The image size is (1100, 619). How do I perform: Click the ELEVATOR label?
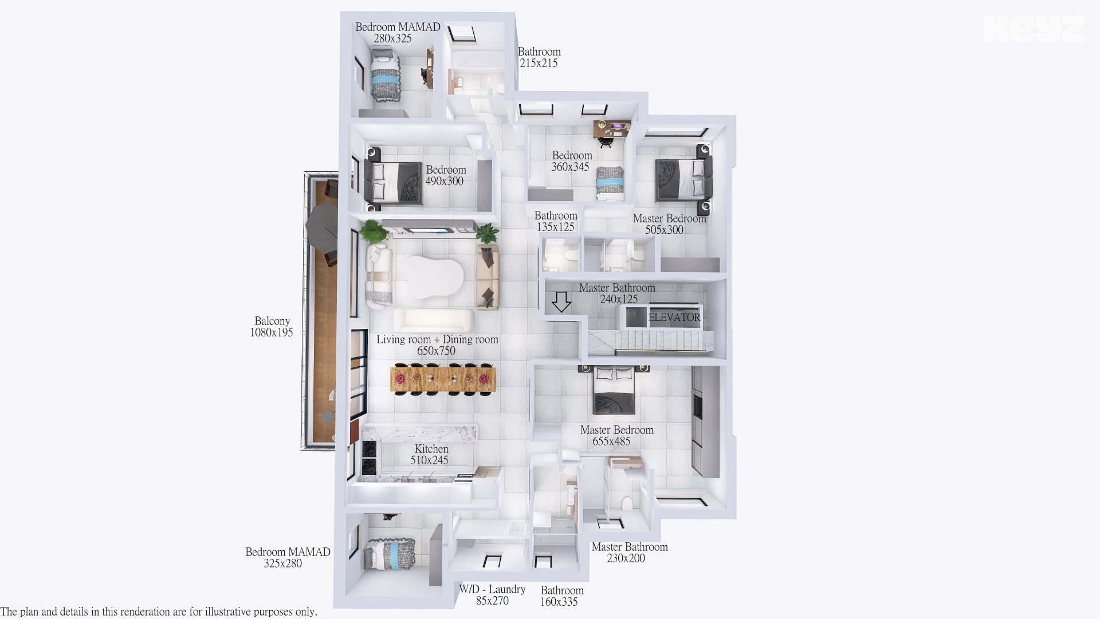[674, 318]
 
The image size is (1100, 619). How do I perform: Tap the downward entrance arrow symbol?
[561, 301]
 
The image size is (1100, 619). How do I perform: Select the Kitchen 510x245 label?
[430, 455]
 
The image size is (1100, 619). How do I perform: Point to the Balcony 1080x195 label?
[272, 327]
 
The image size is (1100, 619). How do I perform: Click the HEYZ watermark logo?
[1034, 29]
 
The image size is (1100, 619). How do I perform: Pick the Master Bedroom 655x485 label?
[616, 436]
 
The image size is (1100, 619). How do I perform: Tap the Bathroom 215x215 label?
[539, 57]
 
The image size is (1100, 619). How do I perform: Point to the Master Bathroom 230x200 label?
[629, 553]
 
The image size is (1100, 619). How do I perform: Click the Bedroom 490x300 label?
[445, 175]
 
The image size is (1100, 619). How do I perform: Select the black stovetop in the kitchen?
[370, 459]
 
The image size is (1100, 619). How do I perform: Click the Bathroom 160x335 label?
[561, 596]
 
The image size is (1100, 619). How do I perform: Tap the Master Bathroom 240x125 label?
[617, 293]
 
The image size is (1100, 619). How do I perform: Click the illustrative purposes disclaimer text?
[159, 612]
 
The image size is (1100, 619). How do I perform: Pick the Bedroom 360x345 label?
[571, 161]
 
